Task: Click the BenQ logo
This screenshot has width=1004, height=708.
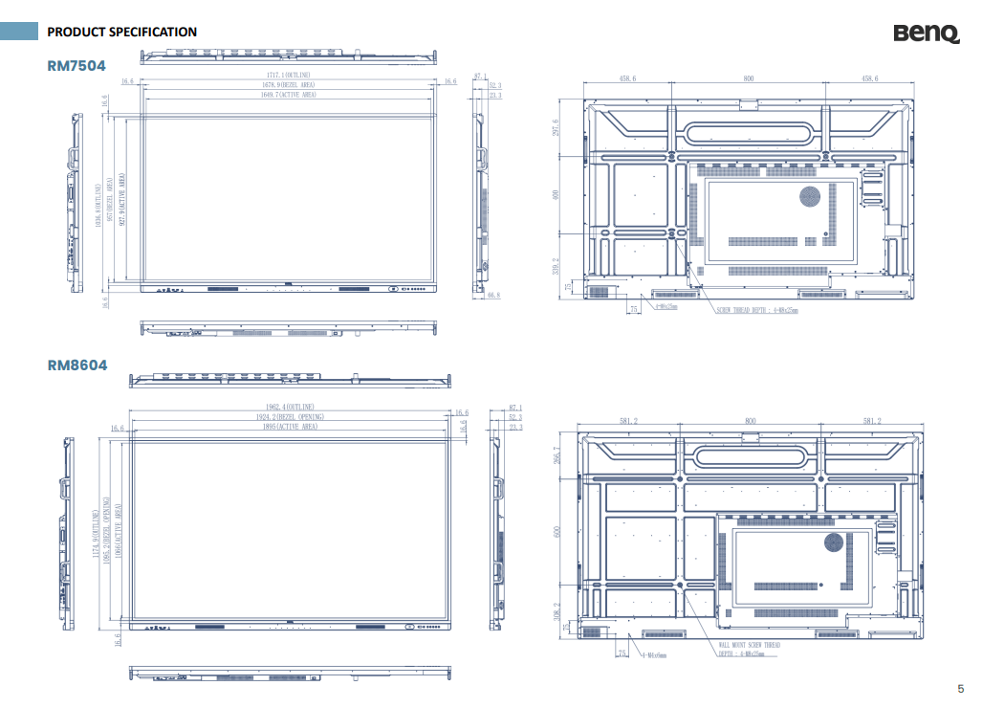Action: pyautogui.click(x=926, y=33)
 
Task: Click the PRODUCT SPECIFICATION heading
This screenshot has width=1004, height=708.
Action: pyautogui.click(x=122, y=32)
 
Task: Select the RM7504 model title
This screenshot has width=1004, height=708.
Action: pyautogui.click(x=76, y=65)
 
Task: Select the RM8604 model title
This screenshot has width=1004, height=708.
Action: pyautogui.click(x=76, y=365)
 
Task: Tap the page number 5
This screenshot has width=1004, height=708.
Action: pyautogui.click(x=961, y=689)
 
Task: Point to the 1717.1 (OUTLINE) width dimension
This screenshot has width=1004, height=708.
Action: pyautogui.click(x=288, y=76)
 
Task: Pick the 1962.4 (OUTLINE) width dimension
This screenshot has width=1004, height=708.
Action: pyautogui.click(x=290, y=408)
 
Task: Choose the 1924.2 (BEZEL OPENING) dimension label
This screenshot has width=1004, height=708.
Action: pyautogui.click(x=290, y=417)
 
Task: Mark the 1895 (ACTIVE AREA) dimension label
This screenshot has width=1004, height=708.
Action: pyautogui.click(x=290, y=427)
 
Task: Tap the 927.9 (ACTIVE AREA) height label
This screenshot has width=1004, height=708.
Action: pyautogui.click(x=122, y=200)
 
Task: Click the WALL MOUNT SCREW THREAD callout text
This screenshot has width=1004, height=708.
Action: pyautogui.click(x=750, y=645)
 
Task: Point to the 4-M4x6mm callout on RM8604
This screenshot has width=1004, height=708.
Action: pyautogui.click(x=654, y=655)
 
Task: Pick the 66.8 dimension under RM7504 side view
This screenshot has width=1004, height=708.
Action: pyautogui.click(x=493, y=296)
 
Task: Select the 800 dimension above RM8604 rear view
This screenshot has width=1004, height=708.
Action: pyautogui.click(x=750, y=420)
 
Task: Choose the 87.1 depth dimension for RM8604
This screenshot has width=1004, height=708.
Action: pyautogui.click(x=515, y=409)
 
